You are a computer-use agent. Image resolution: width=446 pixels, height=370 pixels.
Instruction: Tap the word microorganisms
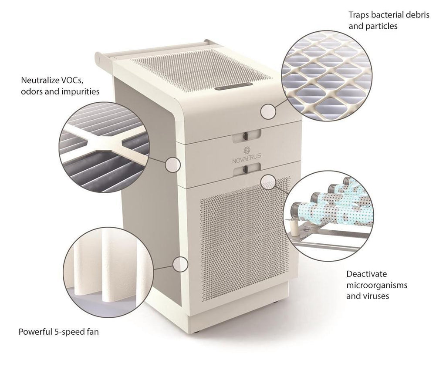pos(377,285)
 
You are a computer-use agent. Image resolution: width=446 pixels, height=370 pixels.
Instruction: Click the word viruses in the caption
pos(376,296)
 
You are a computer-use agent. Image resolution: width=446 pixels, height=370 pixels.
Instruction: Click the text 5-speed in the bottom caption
pos(68,332)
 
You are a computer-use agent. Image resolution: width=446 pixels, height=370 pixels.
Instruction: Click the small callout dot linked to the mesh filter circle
pos(268,111)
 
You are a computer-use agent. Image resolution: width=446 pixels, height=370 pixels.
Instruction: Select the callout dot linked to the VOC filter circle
pos(173,165)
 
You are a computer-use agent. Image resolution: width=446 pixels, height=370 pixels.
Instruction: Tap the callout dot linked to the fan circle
pos(181,264)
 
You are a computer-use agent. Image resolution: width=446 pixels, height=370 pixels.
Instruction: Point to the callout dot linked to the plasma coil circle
pos(268,182)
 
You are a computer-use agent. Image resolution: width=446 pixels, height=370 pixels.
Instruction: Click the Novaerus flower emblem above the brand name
pos(247,150)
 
